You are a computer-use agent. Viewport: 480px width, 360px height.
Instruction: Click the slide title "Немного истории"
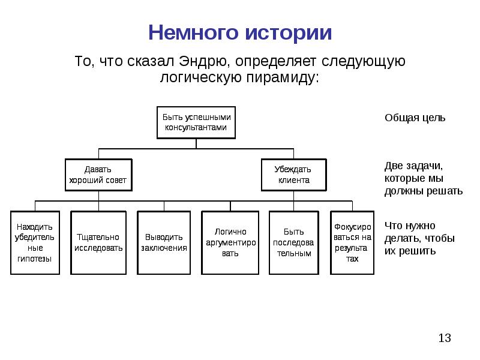pos(240,32)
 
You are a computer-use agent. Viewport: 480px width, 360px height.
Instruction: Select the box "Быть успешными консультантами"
pos(196,123)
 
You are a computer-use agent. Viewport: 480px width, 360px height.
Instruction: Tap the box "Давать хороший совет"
pos(98,175)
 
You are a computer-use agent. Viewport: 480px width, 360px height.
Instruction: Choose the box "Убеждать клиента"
pos(293,175)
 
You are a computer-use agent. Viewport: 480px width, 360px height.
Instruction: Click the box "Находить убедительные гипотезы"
pos(35,242)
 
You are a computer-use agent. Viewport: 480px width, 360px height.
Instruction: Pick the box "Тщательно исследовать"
pos(98,242)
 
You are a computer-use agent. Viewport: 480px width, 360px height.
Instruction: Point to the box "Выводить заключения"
pos(164,242)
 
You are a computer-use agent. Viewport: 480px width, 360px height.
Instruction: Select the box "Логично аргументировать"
pos(230,242)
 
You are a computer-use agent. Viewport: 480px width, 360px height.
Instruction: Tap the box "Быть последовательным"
pos(293,242)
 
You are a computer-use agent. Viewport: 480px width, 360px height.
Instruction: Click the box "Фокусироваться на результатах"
pos(353,242)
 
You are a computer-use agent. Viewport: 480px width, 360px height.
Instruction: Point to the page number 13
pos(444,338)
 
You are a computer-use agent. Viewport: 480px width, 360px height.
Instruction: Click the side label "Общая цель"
pos(415,118)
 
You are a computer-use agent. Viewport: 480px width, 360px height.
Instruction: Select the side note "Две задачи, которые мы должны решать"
pos(423,178)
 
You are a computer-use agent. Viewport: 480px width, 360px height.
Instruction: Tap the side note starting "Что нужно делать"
pos(419,238)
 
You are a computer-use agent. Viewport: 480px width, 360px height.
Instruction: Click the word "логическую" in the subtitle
pos(199,77)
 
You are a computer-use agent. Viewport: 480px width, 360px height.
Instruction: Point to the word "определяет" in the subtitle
pos(277,62)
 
